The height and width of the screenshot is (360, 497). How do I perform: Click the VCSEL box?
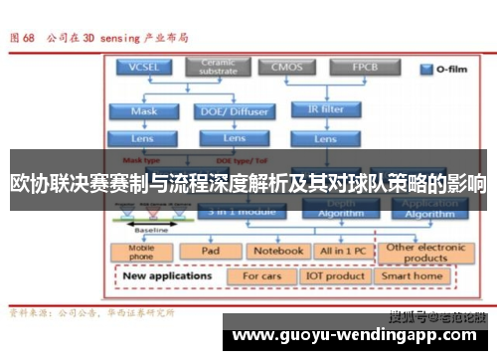pyautogui.click(x=143, y=68)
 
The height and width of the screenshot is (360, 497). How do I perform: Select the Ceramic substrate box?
pyautogui.click(x=217, y=67)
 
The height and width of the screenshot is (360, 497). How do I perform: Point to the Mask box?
pyautogui.click(x=143, y=111)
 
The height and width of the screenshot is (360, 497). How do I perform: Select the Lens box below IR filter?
pyautogui.click(x=324, y=138)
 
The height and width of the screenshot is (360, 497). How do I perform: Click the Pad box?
pyautogui.click(x=210, y=251)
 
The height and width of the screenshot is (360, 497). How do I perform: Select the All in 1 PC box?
pyautogui.click(x=340, y=251)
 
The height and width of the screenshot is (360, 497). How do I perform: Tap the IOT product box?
pyautogui.click(x=335, y=275)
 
